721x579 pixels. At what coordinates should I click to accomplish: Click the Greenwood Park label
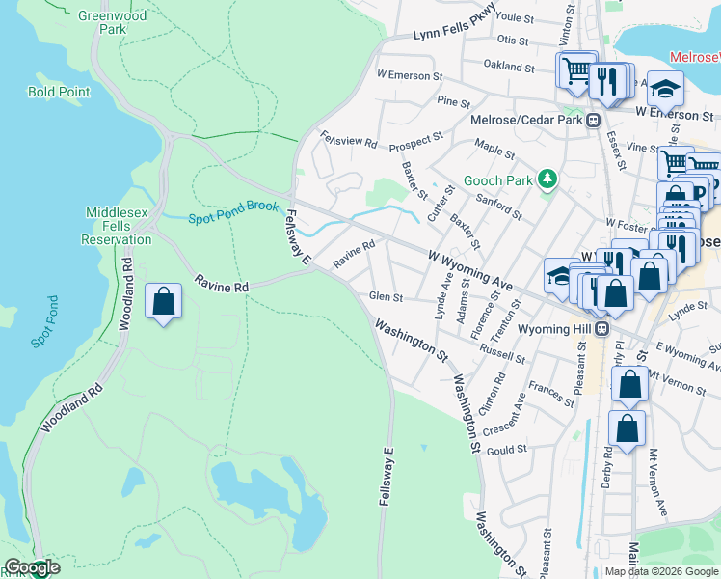point(114,22)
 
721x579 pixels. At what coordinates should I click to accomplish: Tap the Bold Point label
point(59,93)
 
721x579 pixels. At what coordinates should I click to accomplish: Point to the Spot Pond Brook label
point(233,212)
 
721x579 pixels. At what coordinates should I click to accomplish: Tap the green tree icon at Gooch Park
point(547,179)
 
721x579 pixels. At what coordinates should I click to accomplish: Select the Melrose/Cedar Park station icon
point(594,121)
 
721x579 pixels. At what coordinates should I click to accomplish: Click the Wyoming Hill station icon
point(602,329)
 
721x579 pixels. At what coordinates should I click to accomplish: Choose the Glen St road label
point(386,296)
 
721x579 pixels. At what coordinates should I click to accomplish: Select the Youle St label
point(514,17)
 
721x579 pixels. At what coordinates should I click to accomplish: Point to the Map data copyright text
point(661,571)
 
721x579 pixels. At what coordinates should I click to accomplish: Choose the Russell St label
point(502,353)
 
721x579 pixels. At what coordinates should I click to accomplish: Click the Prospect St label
point(416,143)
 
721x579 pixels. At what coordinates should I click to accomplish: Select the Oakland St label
point(509,67)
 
